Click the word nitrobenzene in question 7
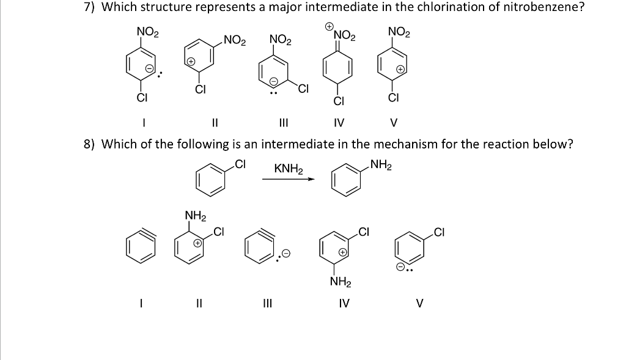[539, 7]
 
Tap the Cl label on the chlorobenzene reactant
[240, 164]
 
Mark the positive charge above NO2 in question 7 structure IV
[329, 27]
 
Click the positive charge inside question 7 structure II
[191, 62]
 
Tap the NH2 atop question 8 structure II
[195, 215]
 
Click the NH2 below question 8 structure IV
[339, 282]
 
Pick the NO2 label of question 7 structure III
[281, 40]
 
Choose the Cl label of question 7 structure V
[394, 97]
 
